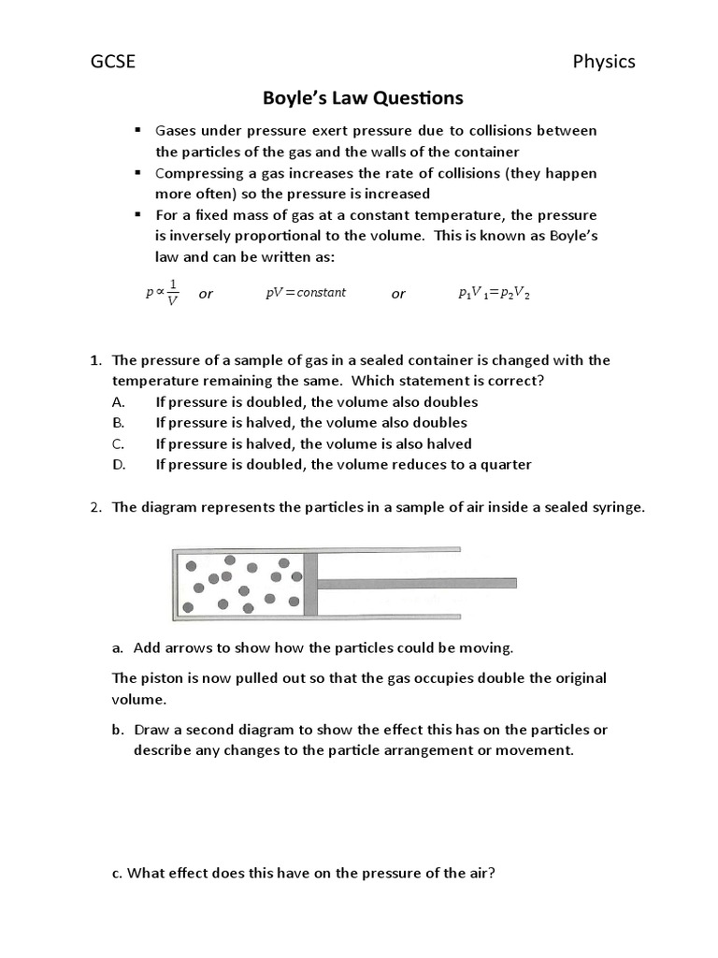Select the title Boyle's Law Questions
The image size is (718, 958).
[359, 98]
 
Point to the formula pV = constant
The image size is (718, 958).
[306, 293]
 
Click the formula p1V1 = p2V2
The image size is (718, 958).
[495, 294]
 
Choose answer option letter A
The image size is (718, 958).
[117, 402]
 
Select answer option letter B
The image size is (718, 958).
[117, 423]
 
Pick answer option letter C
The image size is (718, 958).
[117, 444]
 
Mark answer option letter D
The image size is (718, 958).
[118, 465]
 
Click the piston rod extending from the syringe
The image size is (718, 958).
[417, 583]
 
